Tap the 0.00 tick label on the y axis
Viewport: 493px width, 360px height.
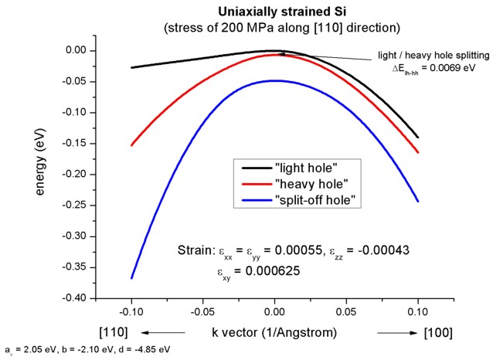(80, 51)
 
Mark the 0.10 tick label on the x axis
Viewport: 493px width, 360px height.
(418, 313)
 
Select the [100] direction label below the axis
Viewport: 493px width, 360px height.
(437, 333)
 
